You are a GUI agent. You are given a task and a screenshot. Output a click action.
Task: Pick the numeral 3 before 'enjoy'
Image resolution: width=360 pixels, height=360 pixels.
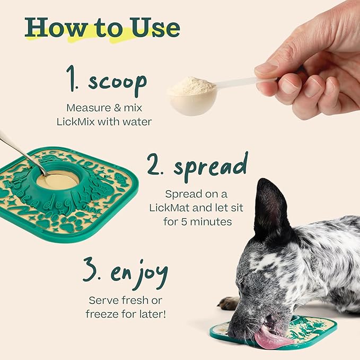(x=90, y=270)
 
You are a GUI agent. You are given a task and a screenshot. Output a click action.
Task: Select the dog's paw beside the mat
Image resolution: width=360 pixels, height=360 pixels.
(x=229, y=303)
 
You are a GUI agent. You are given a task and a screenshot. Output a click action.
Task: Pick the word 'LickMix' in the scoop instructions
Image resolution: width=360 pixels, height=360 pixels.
(x=75, y=121)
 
